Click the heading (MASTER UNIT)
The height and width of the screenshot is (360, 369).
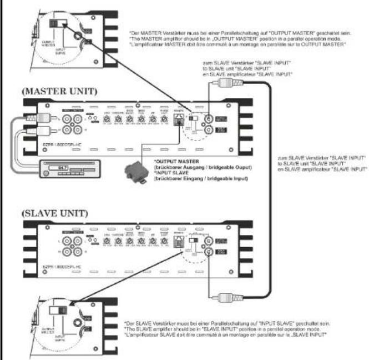coord(59,91)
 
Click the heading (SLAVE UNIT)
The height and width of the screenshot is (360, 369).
coord(55,212)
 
